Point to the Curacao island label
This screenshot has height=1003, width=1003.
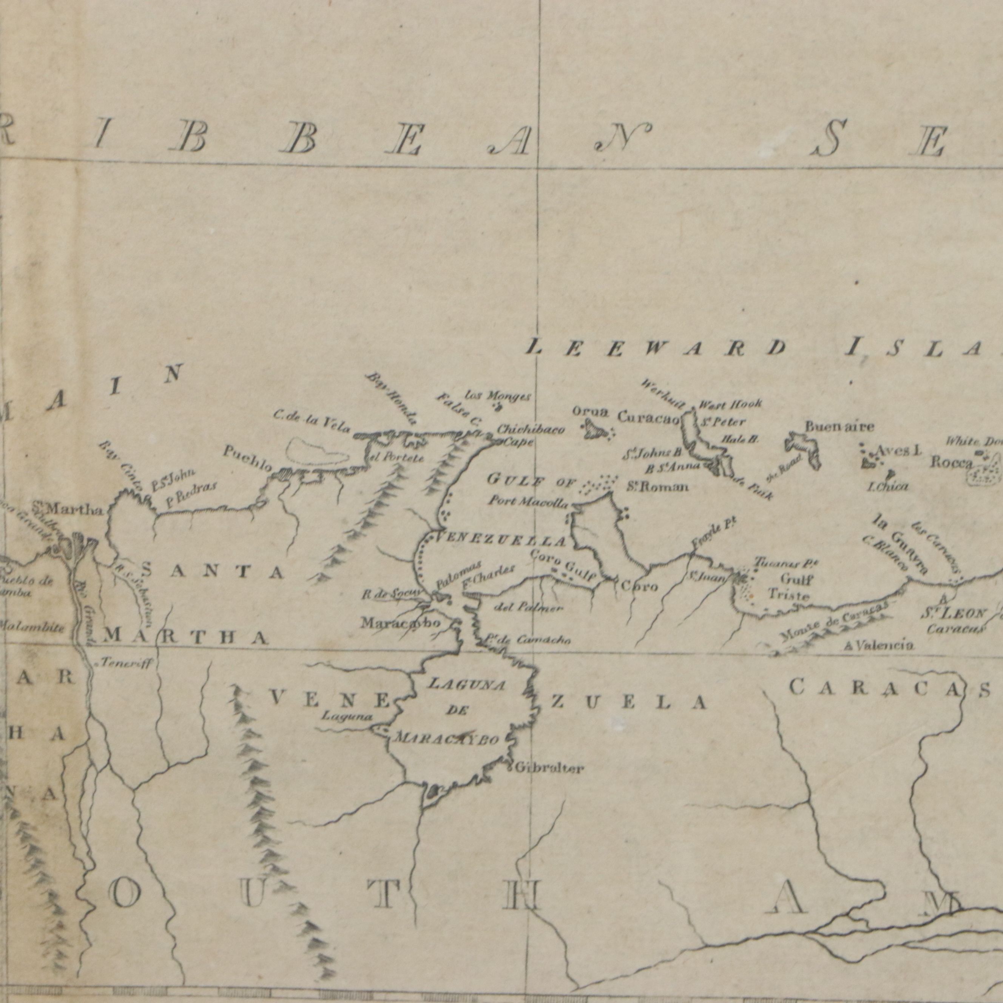pyautogui.click(x=648, y=417)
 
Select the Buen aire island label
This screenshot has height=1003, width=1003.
pyautogui.click(x=839, y=426)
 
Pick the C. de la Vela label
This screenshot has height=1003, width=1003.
pyautogui.click(x=312, y=422)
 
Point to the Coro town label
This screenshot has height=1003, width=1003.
pyautogui.click(x=640, y=586)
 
